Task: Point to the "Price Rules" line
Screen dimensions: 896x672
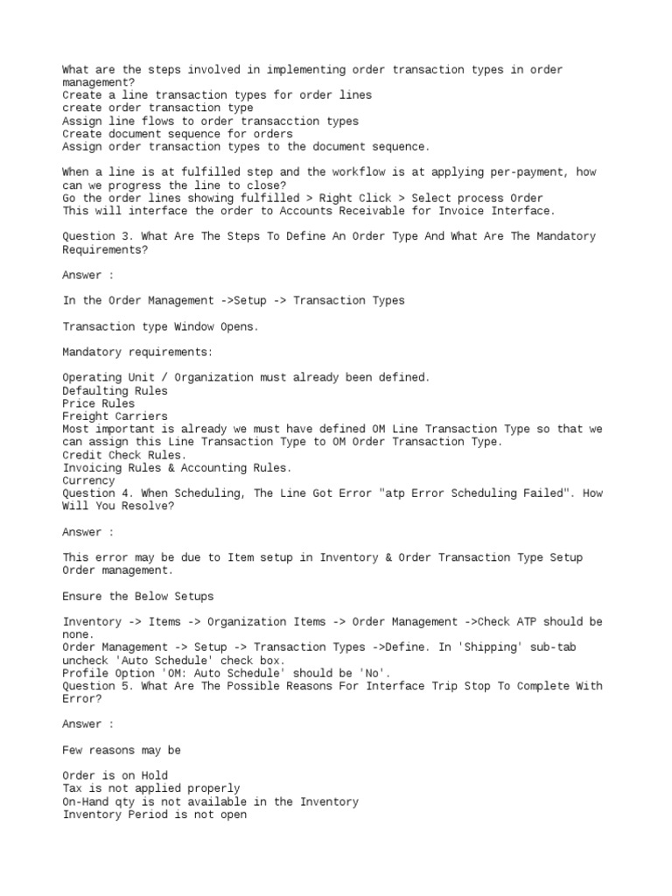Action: pos(99,403)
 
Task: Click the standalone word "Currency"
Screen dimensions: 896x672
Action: pos(88,480)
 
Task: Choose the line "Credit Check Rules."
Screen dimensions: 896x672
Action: pos(124,455)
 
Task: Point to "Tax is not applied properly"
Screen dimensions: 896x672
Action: pos(150,788)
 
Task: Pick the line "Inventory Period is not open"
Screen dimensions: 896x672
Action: pos(154,815)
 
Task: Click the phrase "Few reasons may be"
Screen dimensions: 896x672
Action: pos(122,750)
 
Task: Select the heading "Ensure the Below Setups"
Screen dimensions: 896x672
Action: pos(137,596)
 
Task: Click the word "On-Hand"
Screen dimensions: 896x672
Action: pos(85,801)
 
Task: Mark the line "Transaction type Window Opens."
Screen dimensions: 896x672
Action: pos(160,326)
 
